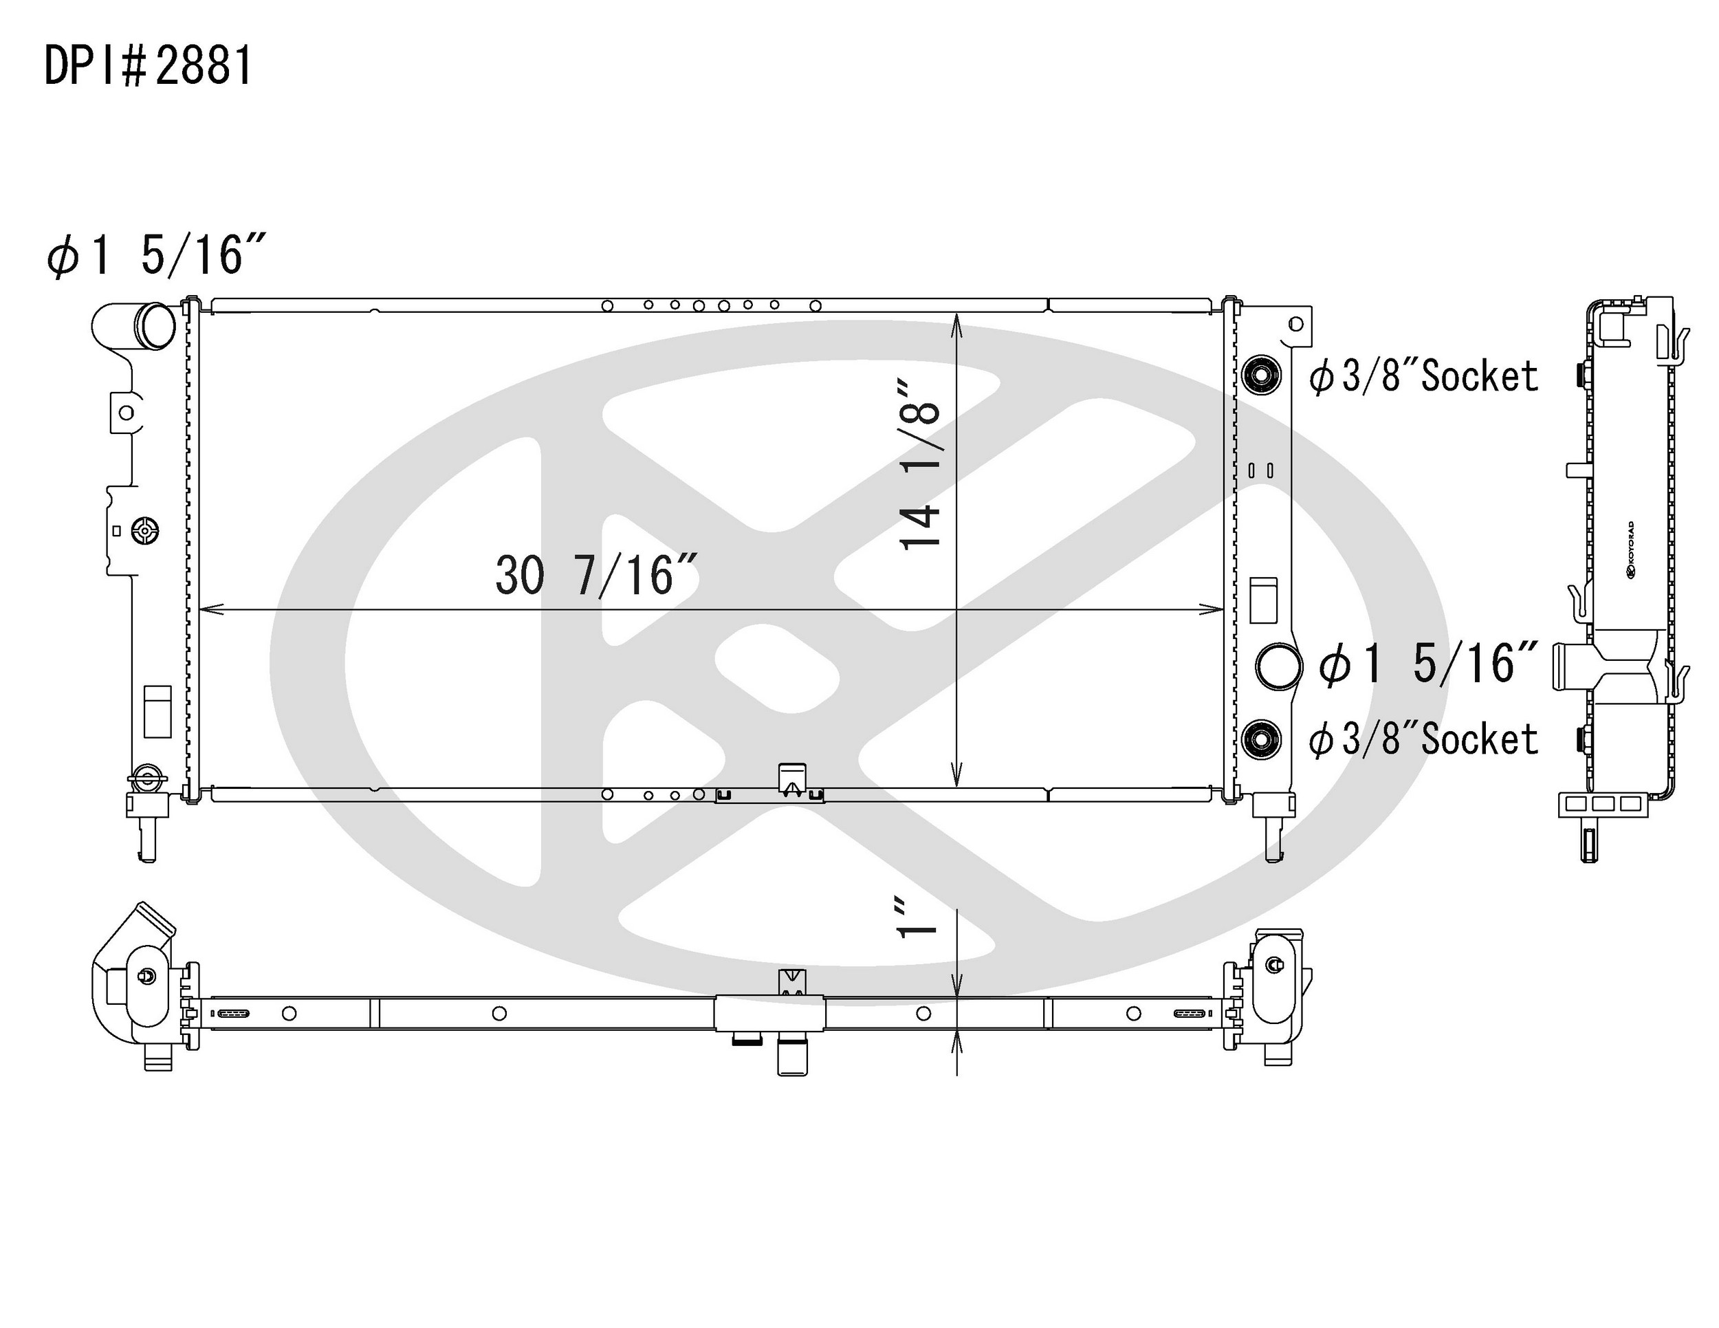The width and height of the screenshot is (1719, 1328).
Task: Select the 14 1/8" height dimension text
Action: point(919,464)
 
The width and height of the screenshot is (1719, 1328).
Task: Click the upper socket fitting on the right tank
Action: point(1261,375)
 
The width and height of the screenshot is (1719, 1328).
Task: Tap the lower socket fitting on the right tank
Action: point(1261,739)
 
